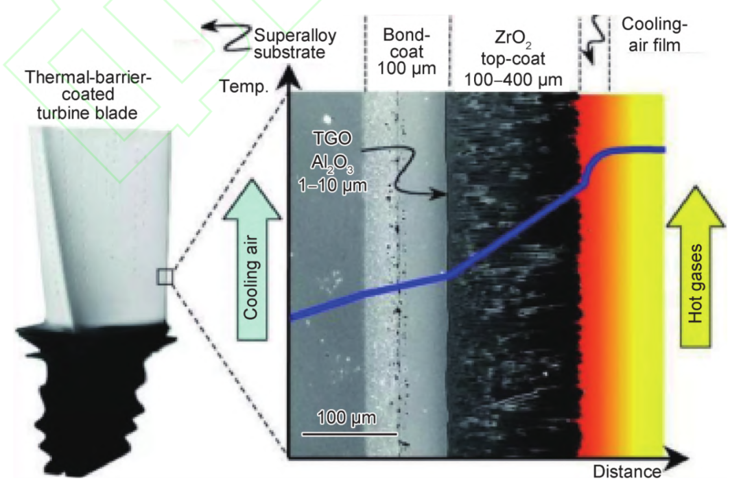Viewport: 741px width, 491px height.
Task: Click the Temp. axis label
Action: coord(240,86)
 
